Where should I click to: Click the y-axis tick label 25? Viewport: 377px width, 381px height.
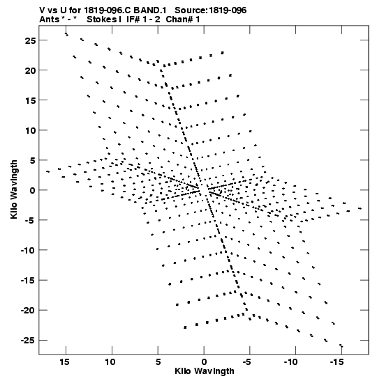pos(30,40)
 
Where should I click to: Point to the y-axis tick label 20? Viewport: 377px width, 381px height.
pos(30,71)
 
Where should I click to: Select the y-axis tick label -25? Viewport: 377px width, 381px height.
pos(28,341)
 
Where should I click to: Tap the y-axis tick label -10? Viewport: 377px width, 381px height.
pos(28,251)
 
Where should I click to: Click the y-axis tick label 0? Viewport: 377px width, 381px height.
pos(33,191)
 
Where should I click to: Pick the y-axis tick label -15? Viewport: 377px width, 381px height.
pos(28,281)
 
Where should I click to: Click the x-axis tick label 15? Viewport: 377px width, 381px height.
pos(64,362)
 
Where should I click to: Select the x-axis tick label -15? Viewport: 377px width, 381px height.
pos(337,362)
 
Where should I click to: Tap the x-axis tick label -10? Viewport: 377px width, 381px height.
pos(291,362)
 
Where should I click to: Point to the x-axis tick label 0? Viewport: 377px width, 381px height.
pos(204,362)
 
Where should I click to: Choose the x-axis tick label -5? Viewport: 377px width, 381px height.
pos(247,362)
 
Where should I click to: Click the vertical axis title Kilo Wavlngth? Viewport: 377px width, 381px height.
pos(14,189)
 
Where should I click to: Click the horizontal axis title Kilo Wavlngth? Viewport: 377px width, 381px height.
pos(205,371)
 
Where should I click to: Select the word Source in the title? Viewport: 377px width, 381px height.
pos(191,10)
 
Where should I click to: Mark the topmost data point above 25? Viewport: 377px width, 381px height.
pos(66,34)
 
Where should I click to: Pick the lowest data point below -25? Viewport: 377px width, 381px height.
pos(341,345)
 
